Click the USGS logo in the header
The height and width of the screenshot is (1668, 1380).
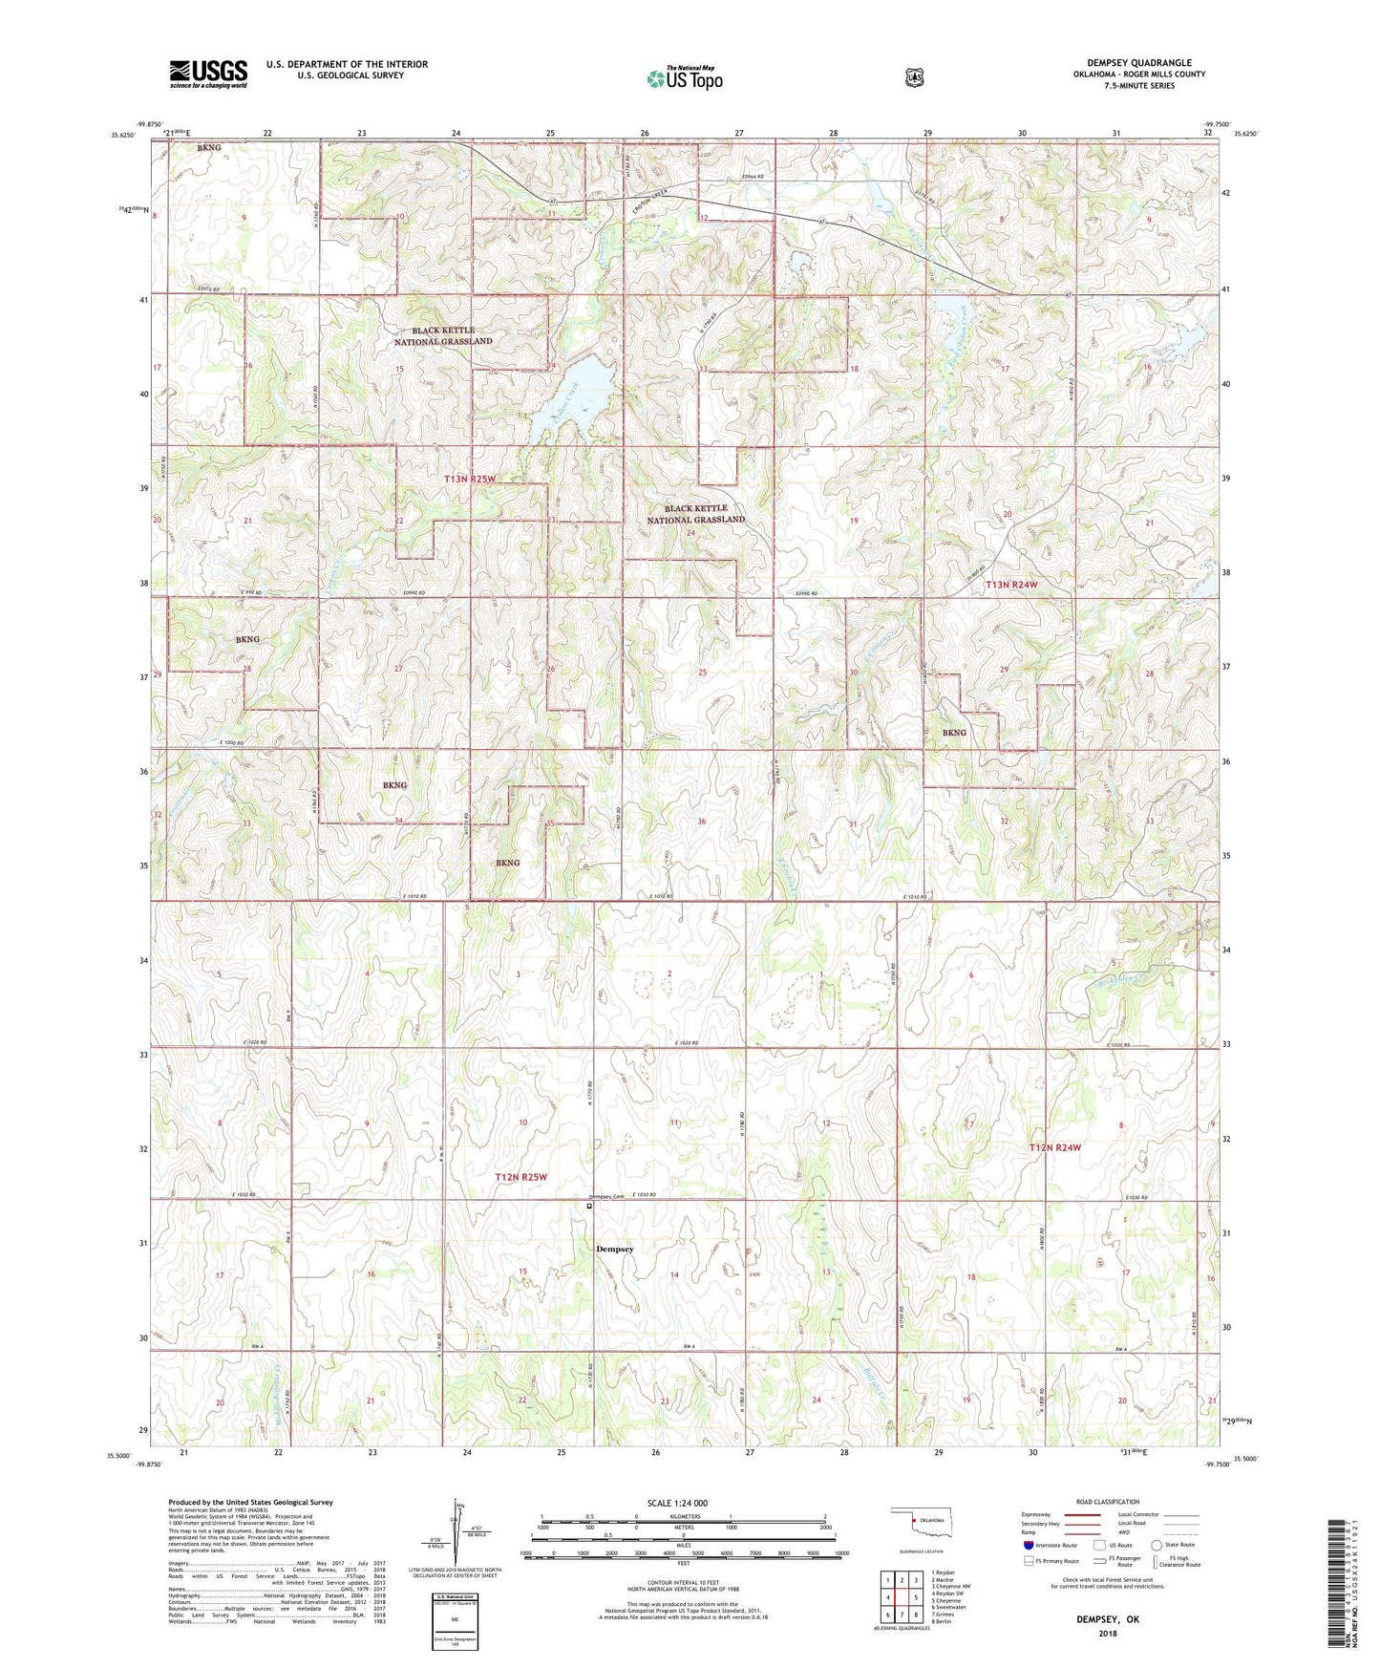coord(208,74)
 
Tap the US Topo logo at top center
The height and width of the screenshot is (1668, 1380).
coord(684,77)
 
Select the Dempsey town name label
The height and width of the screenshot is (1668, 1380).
coord(614,1249)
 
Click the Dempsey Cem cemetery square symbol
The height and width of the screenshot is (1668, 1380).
coord(589,1207)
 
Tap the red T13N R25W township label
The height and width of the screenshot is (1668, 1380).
coord(482,478)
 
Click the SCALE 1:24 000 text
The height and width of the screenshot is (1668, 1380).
coord(677,1503)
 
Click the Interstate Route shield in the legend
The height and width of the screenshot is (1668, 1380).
coord(1028,1545)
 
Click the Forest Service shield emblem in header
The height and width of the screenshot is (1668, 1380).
coord(914,77)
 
